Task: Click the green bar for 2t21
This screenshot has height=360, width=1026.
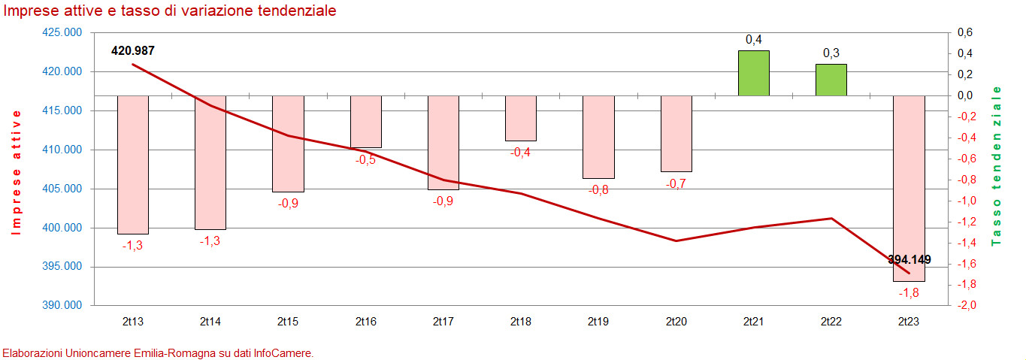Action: [753, 73]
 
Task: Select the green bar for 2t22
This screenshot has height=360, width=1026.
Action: [831, 80]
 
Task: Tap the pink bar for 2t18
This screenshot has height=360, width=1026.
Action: [521, 118]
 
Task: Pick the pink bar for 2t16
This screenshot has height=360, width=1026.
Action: [366, 121]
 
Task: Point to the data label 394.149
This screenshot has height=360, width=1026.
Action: [909, 260]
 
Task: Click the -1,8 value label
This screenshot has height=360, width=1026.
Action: [909, 292]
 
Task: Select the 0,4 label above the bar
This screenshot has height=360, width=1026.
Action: [753, 39]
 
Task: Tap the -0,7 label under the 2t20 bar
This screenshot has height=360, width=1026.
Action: [676, 183]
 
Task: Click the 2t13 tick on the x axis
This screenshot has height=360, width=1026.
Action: [133, 322]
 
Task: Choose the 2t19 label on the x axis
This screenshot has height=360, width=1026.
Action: [598, 322]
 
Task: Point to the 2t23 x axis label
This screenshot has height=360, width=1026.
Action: [909, 322]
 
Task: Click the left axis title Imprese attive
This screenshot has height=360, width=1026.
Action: [17, 172]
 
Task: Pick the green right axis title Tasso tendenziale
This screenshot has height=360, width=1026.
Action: [998, 166]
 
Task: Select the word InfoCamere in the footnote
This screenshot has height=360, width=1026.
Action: [285, 352]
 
